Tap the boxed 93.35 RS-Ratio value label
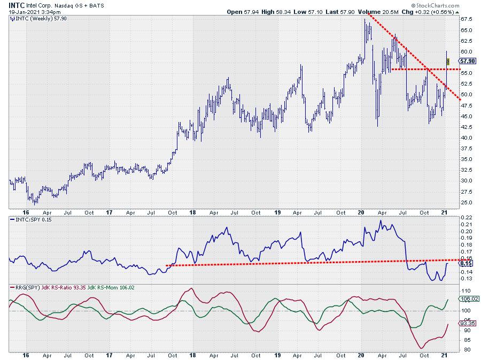(468, 324)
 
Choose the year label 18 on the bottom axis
(193, 355)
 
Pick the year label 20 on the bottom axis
(361, 355)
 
